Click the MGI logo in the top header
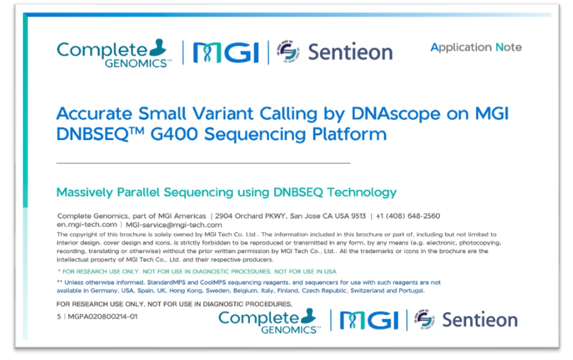(x=226, y=53)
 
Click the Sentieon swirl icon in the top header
(x=288, y=52)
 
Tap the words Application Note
(x=476, y=48)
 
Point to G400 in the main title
(x=174, y=134)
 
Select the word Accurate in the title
(x=94, y=113)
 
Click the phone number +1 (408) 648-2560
(x=408, y=216)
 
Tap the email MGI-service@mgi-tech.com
(x=174, y=225)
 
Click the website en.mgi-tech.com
(x=87, y=224)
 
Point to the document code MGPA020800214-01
(x=103, y=317)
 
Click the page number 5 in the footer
(x=59, y=317)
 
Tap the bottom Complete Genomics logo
(x=269, y=320)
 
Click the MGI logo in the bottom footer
(x=369, y=320)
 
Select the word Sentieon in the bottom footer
(x=480, y=320)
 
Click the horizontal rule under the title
(x=203, y=163)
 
